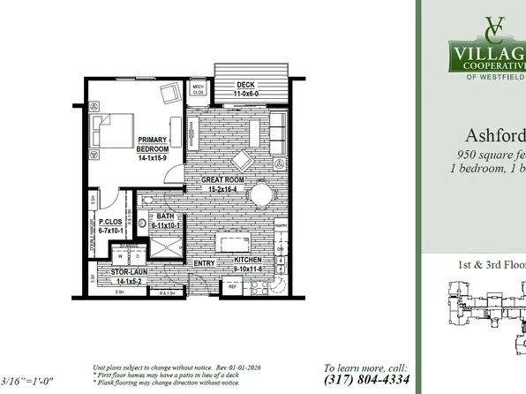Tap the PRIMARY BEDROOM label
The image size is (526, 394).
tap(154, 147)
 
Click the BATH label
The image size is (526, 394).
tap(166, 223)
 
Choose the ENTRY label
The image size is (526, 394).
tap(204, 263)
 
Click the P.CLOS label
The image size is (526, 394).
tap(110, 226)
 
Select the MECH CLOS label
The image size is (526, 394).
tap(199, 89)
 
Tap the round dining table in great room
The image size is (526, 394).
tap(261, 193)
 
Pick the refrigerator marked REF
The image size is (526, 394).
tap(234, 287)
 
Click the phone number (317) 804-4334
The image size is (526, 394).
tap(365, 380)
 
